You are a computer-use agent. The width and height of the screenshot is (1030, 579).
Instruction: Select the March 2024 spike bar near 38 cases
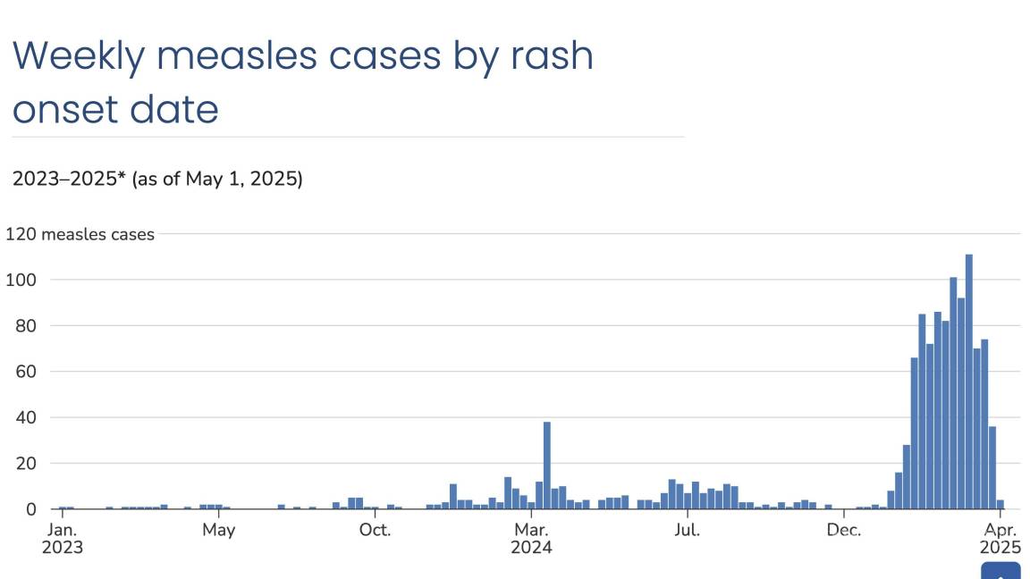pyautogui.click(x=546, y=465)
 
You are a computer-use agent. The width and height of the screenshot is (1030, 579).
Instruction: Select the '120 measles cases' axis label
pyautogui.click(x=80, y=234)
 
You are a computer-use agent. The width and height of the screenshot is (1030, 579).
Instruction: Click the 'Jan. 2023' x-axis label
pyautogui.click(x=62, y=538)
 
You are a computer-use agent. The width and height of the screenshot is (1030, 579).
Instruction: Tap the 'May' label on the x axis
pyautogui.click(x=218, y=530)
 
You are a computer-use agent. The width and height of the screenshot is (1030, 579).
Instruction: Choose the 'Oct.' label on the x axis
pyautogui.click(x=375, y=530)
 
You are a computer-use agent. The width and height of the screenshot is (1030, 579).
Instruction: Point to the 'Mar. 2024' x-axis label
pyautogui.click(x=531, y=538)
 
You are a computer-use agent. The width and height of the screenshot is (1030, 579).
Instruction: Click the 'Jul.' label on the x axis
pyautogui.click(x=687, y=530)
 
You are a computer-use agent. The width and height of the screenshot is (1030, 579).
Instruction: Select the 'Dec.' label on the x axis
pyautogui.click(x=843, y=530)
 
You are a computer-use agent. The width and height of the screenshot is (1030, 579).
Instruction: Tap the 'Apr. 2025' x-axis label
pyautogui.click(x=1000, y=538)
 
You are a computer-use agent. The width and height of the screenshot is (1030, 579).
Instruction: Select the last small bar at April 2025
pyautogui.click(x=1000, y=505)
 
